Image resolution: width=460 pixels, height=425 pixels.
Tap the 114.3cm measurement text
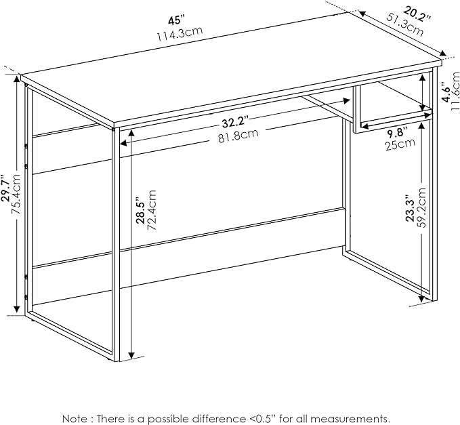tap(180, 34)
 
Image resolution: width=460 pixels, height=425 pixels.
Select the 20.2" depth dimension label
tap(417, 14)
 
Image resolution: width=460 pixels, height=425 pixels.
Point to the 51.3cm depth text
tap(405, 24)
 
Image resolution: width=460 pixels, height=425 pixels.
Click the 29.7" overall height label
tap(6, 188)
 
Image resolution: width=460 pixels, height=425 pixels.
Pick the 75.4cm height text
tap(16, 194)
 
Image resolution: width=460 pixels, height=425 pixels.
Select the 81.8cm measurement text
tap(238, 136)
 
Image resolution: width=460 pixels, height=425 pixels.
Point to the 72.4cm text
tap(151, 209)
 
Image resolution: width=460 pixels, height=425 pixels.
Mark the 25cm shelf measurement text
tap(400, 144)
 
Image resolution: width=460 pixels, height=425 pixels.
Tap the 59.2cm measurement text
tap(421, 208)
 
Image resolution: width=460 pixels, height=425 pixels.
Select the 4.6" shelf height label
tap(447, 92)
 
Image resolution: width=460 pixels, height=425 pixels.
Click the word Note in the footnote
tap(75, 418)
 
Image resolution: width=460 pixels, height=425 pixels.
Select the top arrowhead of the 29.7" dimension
tap(17, 81)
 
